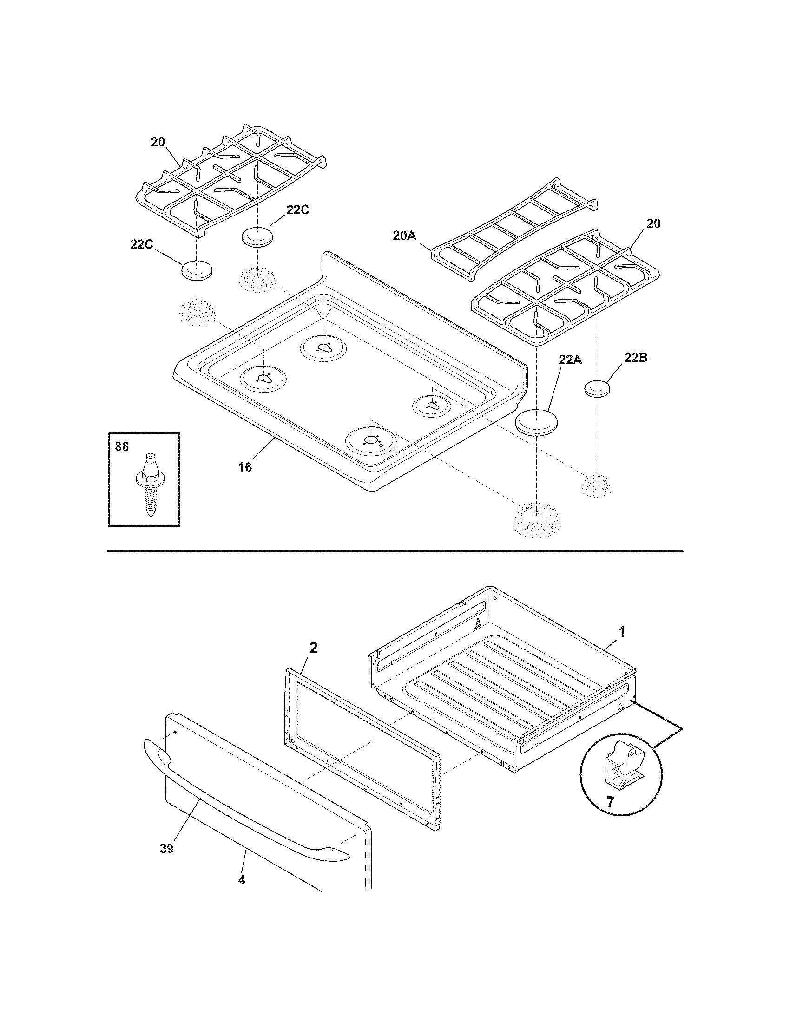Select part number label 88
click(122, 447)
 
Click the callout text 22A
click(570, 360)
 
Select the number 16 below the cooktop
click(245, 466)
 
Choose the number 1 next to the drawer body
click(621, 633)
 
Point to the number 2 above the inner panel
click(313, 648)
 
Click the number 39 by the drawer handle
click(167, 848)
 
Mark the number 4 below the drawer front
click(241, 880)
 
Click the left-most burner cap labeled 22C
click(197, 270)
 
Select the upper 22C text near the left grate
click(298, 210)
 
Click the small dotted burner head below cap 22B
click(596, 485)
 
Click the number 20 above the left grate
click(158, 142)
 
